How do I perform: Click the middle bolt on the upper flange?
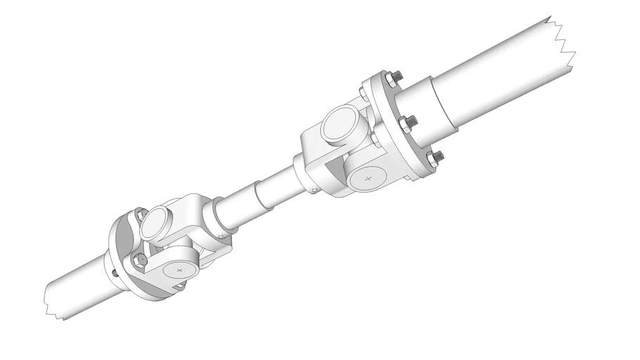pyautogui.click(x=408, y=125)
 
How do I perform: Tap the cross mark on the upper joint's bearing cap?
pyautogui.click(x=368, y=179)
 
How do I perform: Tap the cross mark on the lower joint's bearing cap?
pyautogui.click(x=180, y=270)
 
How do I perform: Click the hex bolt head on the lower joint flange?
pyautogui.click(x=139, y=261)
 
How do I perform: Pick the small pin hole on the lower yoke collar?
pyautogui.click(x=219, y=236)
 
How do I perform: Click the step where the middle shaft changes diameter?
pyautogui.click(x=265, y=193)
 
